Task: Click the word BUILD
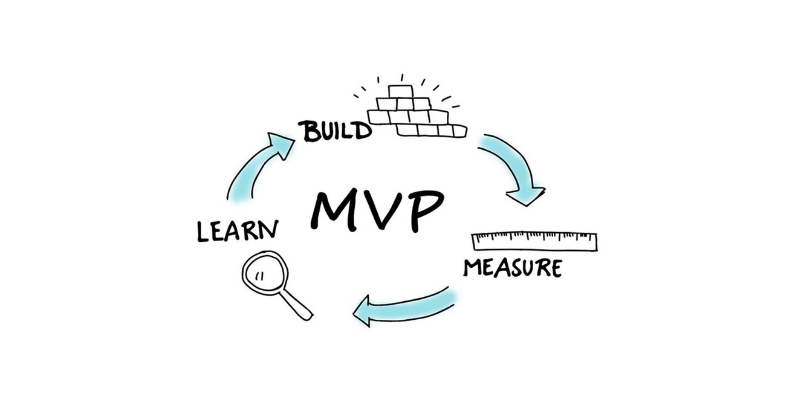point(336,131)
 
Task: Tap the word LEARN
point(238,231)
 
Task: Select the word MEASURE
point(513,268)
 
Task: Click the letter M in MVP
point(336,210)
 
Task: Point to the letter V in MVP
point(381,210)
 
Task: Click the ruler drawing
point(534,241)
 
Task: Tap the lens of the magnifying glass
point(265,273)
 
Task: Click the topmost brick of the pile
point(401,91)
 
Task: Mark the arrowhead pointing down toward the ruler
point(526,196)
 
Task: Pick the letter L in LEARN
point(203,232)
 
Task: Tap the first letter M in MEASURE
point(472,268)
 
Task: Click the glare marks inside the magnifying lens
point(260,276)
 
